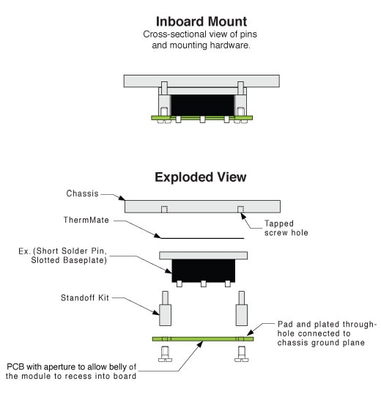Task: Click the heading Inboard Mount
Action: (200, 21)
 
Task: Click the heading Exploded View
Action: (200, 178)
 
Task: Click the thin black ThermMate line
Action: (202, 238)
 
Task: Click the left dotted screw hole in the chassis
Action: (165, 210)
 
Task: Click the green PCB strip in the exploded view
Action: (202, 339)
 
